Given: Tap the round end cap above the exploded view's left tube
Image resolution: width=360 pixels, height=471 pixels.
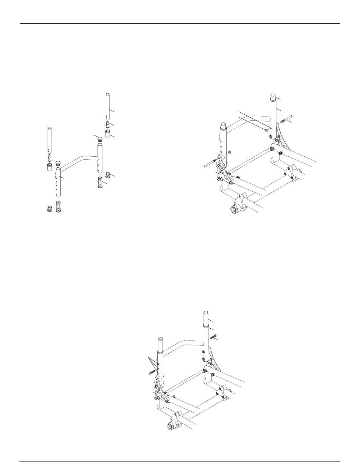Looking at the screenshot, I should [59, 164].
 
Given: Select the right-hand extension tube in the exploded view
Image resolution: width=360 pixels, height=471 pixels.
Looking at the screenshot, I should [107, 106].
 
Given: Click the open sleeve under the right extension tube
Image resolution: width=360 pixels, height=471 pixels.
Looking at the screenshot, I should [108, 134].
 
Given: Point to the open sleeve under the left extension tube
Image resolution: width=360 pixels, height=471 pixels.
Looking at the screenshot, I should [49, 167].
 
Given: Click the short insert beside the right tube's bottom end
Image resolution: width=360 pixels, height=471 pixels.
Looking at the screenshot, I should [108, 175].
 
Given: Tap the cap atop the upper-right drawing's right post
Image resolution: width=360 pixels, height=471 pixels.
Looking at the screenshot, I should [273, 96].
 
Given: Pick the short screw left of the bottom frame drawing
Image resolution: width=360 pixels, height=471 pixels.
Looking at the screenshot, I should [153, 372].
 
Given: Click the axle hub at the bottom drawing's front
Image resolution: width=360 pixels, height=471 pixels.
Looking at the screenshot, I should [170, 426].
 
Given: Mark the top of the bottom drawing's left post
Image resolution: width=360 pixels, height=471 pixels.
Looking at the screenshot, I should [160, 340].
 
